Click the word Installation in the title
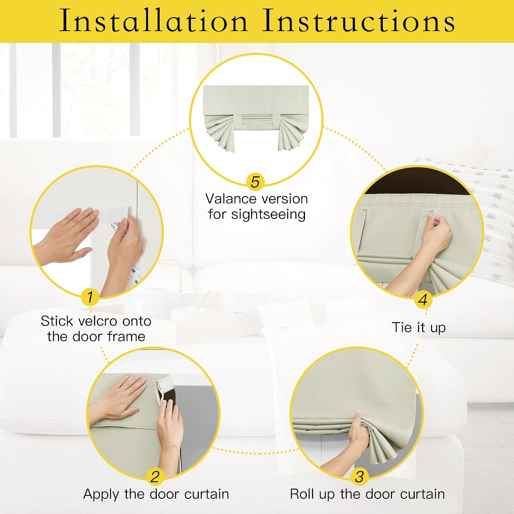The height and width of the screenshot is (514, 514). [154, 21]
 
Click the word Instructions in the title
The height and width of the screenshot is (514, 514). [359, 21]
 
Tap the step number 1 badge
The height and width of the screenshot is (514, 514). [90, 297]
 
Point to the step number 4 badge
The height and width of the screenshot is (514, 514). [423, 300]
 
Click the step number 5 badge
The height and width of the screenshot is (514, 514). [255, 182]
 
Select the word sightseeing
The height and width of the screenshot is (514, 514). [268, 215]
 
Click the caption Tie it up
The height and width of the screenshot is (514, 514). [419, 328]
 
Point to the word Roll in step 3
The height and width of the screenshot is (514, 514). [303, 494]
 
